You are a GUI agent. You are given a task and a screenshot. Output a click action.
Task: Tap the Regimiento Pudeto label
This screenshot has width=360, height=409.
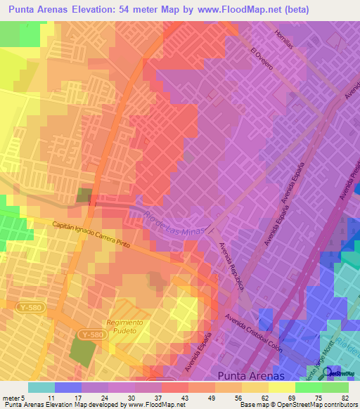tap(126, 327)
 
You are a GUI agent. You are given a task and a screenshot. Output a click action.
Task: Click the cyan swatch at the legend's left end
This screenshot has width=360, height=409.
tap(41, 387)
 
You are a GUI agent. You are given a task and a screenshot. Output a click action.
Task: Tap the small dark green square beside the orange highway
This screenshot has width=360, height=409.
tap(84, 196)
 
